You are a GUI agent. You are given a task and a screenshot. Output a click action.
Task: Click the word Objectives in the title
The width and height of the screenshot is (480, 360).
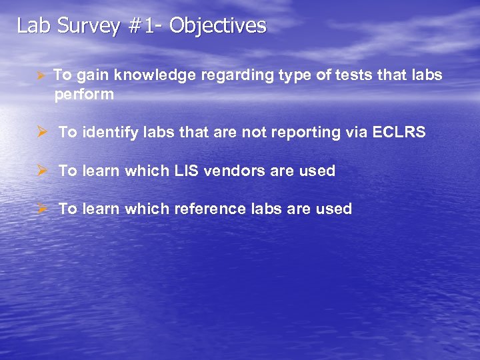coord(217,26)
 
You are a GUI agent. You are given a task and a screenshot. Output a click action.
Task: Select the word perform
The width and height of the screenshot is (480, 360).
coord(84,95)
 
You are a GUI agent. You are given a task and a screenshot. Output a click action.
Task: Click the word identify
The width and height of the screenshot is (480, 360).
coord(109,133)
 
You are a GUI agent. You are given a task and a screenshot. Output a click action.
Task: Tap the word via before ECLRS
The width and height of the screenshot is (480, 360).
coord(353,133)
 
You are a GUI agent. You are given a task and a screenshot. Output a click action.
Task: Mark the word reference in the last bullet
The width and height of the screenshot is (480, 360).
coord(209,209)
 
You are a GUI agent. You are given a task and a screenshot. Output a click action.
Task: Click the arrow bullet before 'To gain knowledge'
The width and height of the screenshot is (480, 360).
coord(41,75)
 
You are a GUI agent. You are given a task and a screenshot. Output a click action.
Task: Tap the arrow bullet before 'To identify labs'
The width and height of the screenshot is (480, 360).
coord(41,133)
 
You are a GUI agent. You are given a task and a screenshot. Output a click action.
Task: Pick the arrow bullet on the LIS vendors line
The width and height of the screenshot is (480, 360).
coord(41,171)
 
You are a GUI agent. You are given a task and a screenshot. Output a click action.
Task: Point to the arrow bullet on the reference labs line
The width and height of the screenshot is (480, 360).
coord(41,209)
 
